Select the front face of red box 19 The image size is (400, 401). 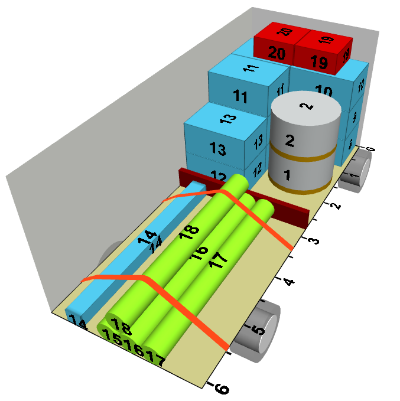[318, 61]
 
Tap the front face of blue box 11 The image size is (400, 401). [241, 96]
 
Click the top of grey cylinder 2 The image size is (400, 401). [305, 107]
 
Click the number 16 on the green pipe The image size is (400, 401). [199, 253]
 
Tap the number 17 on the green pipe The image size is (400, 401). [218, 260]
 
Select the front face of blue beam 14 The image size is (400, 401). [77, 321]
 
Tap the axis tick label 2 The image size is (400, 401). [336, 206]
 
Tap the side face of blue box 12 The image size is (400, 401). [257, 169]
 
